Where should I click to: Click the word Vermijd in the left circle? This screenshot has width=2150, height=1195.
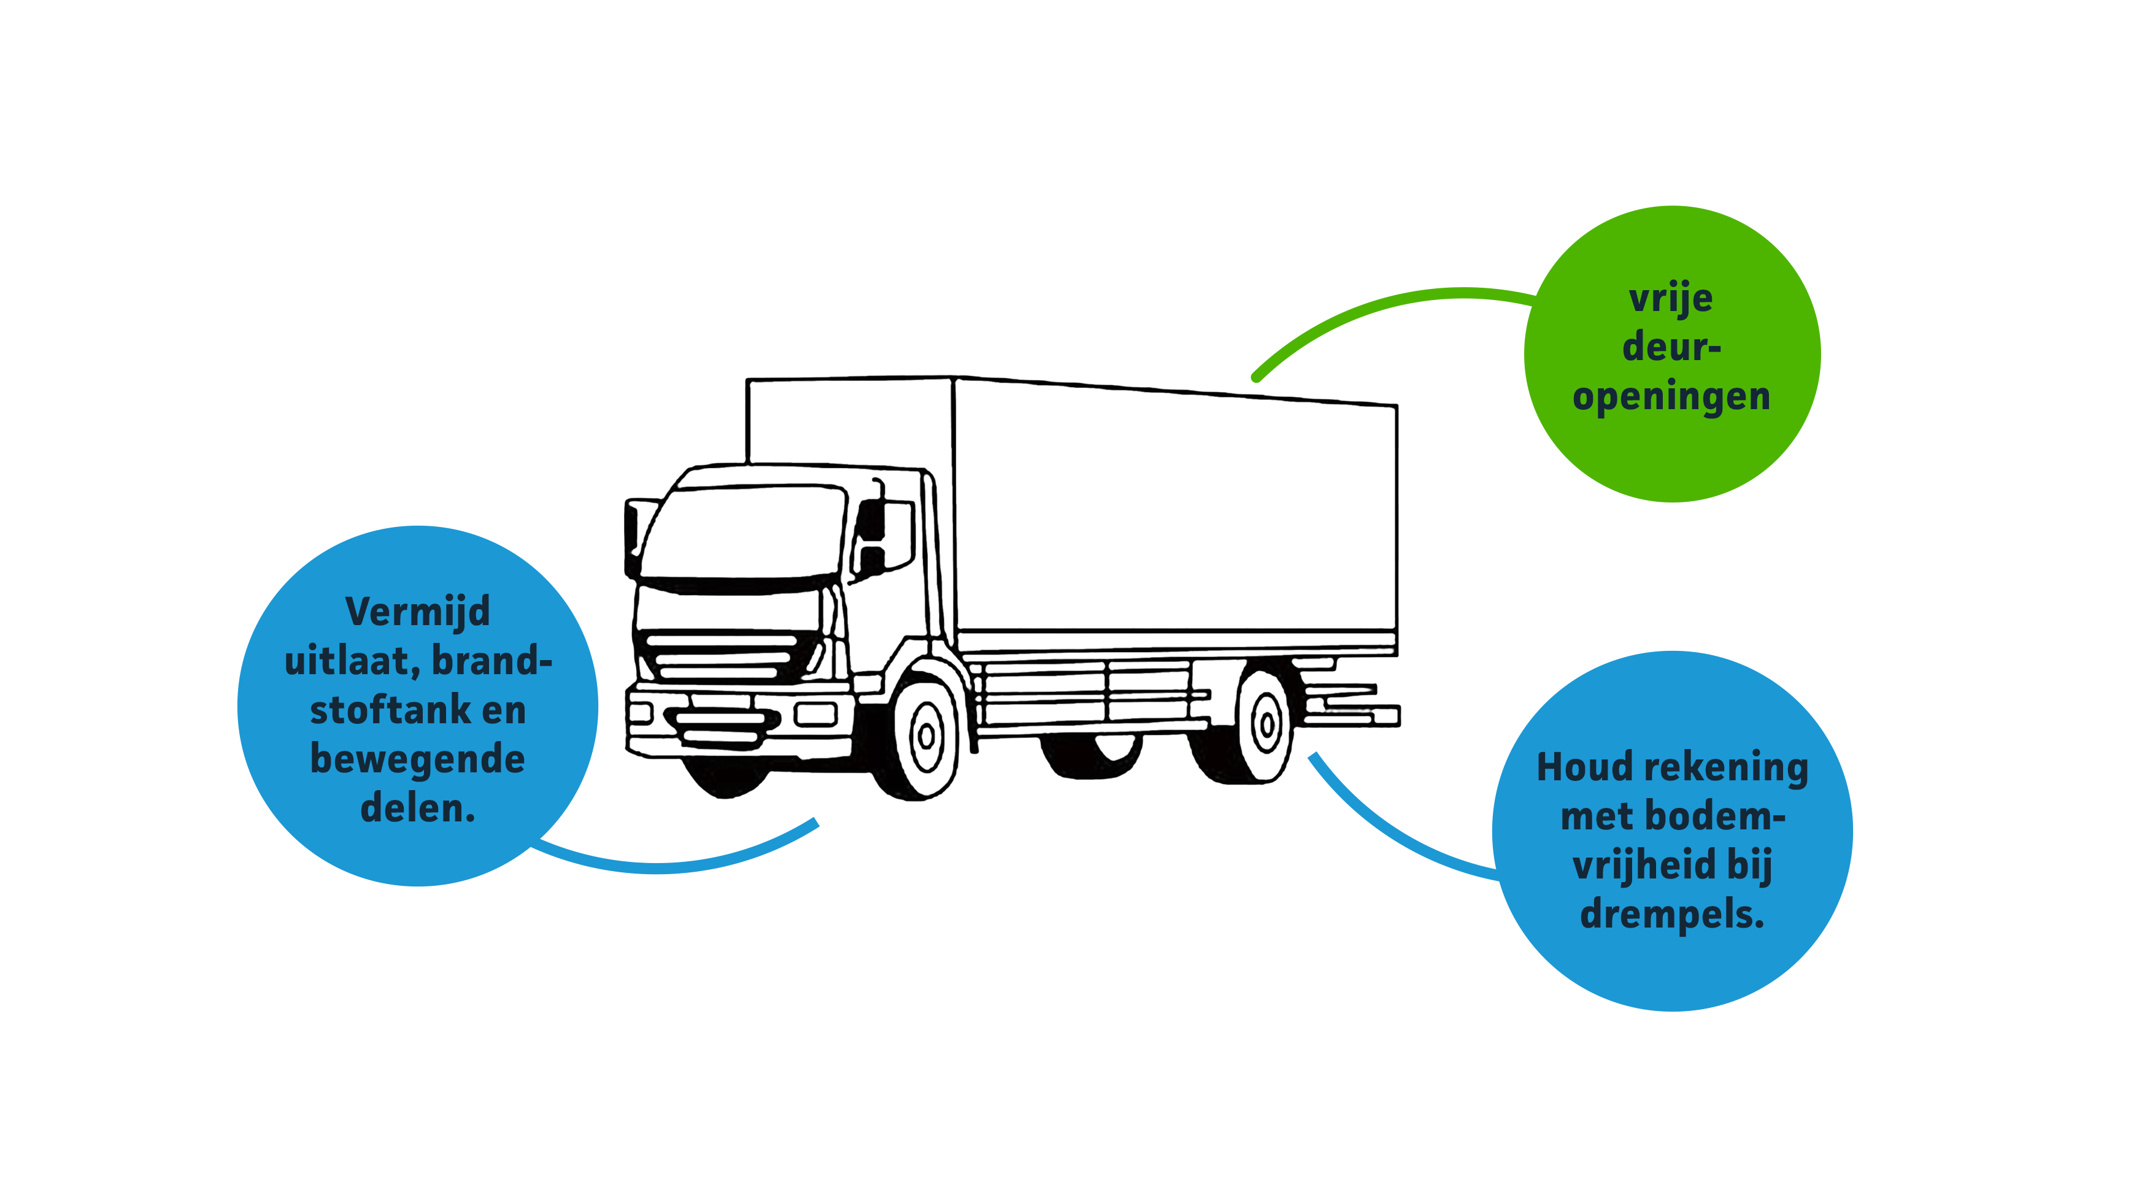(x=417, y=612)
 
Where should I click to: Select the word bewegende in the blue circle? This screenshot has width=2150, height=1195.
(x=417, y=759)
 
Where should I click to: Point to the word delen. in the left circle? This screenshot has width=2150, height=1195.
(x=417, y=809)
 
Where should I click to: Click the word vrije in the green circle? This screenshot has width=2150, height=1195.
(x=1671, y=298)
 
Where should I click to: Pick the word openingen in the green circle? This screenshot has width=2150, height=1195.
(x=1671, y=396)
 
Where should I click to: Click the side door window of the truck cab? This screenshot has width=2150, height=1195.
(x=885, y=534)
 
